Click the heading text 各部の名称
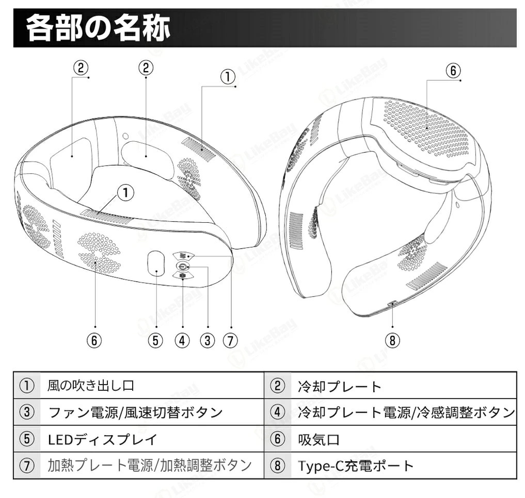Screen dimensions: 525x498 98,28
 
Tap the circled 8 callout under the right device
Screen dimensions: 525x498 392,340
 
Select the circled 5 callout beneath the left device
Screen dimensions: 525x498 156,340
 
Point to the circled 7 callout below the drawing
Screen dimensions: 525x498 230,340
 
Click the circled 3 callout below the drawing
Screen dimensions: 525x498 207,340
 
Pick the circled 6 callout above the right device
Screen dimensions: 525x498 453,71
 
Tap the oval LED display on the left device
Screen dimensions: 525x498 156,263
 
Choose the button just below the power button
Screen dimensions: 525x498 183,276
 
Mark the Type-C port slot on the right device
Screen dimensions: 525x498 392,303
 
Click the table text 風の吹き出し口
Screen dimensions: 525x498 90,386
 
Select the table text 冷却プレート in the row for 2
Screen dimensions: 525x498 340,387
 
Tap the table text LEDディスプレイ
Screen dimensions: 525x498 102,439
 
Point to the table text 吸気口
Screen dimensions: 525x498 319,439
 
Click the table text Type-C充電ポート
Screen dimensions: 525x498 356,466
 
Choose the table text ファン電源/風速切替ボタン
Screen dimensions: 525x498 136,412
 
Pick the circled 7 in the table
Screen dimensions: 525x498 27,466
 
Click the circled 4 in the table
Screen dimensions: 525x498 277,412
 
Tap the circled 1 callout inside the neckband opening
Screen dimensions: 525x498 126,193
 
